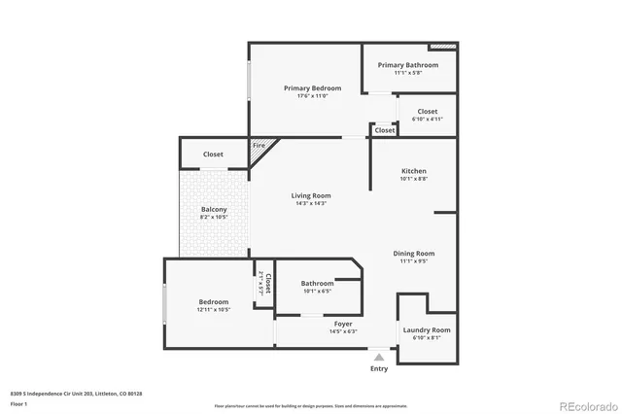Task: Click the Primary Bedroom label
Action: point(312,88)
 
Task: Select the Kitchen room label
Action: point(413,171)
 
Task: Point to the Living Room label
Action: point(311,196)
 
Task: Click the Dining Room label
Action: point(413,254)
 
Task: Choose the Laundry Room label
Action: point(428,330)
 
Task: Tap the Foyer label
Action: point(344,324)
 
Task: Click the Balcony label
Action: point(214,210)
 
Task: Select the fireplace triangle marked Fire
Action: point(259,148)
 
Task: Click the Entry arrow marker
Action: point(379,357)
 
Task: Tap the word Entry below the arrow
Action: point(379,369)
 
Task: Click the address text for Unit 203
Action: point(78,394)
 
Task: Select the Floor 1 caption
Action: point(18,403)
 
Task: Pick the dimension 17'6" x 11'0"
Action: point(312,95)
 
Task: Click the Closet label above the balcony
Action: point(213,155)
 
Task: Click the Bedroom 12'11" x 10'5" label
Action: point(214,302)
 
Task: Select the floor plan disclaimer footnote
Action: point(311,404)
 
